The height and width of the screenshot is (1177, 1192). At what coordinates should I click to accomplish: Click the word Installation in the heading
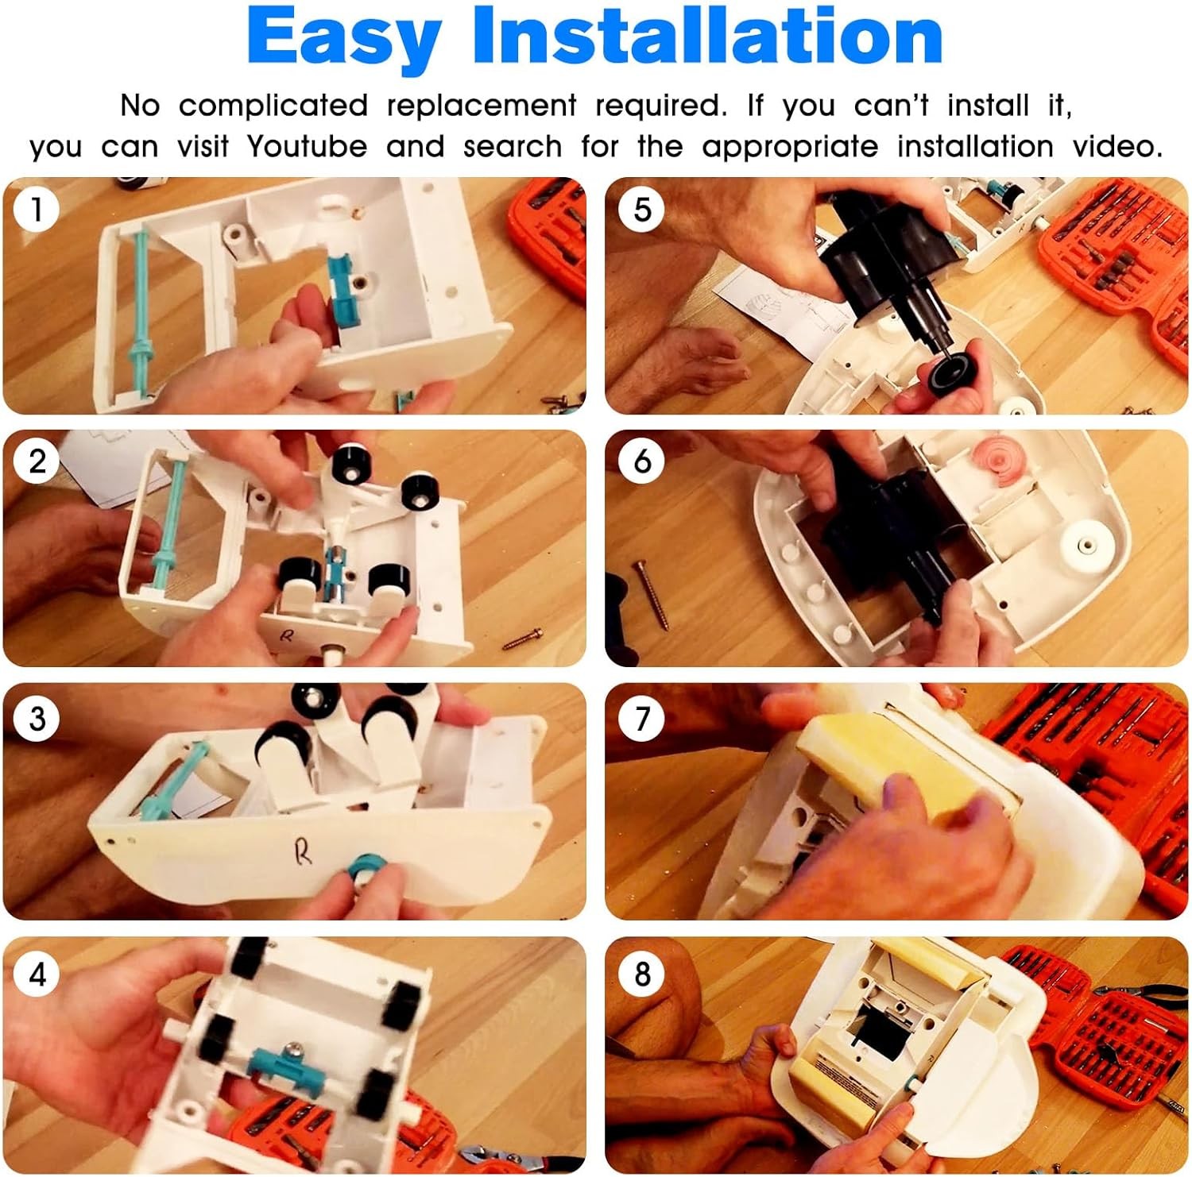coord(708,37)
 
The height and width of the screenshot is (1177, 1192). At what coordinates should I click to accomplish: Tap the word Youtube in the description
coord(307,146)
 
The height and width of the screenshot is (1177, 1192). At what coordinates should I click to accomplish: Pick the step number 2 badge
coord(36,461)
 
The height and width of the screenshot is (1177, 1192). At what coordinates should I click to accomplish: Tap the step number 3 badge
coord(36,720)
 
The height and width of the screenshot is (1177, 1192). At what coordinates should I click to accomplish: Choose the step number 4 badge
coord(36,974)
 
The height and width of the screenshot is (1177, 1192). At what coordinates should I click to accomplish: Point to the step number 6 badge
coord(641,461)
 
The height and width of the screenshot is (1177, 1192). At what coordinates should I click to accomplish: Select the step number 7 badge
coord(641,720)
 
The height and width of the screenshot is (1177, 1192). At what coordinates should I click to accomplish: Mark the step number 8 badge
coord(641,974)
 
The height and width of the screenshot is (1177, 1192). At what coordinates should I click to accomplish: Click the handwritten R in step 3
coord(302,853)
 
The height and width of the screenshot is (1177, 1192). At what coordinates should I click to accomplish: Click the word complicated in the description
coord(273,106)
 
